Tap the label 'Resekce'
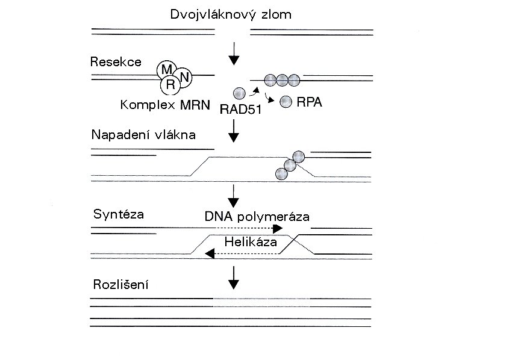116,61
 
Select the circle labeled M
165,70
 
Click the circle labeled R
170,85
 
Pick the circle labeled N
185,76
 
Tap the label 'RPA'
309,102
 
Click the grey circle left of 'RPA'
286,102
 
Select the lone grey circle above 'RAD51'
239,93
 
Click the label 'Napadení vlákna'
143,134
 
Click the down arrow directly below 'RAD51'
234,131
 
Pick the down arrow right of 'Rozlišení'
234,277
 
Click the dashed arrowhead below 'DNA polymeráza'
278,229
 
